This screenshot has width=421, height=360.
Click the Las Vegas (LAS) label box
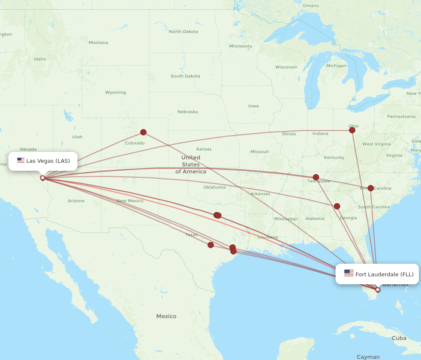[43, 161]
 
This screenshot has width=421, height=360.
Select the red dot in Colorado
[143, 132]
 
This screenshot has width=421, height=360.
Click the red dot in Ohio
[352, 130]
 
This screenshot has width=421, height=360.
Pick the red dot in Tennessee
[316, 177]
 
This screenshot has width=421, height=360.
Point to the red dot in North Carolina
[370, 188]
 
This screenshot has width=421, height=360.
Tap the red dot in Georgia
[337, 206]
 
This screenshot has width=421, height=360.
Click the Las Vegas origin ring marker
[43, 178]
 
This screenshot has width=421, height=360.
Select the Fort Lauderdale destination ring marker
[378, 289]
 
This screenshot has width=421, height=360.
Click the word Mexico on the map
[166, 316]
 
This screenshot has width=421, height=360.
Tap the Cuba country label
[399, 338]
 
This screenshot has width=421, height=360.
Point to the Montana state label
[98, 42]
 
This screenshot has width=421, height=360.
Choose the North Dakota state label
[183, 32]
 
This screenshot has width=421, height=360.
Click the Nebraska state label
[187, 112]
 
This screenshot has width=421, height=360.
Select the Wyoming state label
[115, 93]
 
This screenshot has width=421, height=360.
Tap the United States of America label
[191, 164]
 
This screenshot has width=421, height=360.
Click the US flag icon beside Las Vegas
[21, 161]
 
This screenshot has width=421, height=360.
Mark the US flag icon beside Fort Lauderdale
[349, 273]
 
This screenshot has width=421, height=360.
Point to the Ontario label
[310, 5]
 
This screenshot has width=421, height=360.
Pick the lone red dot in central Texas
[210, 245]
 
